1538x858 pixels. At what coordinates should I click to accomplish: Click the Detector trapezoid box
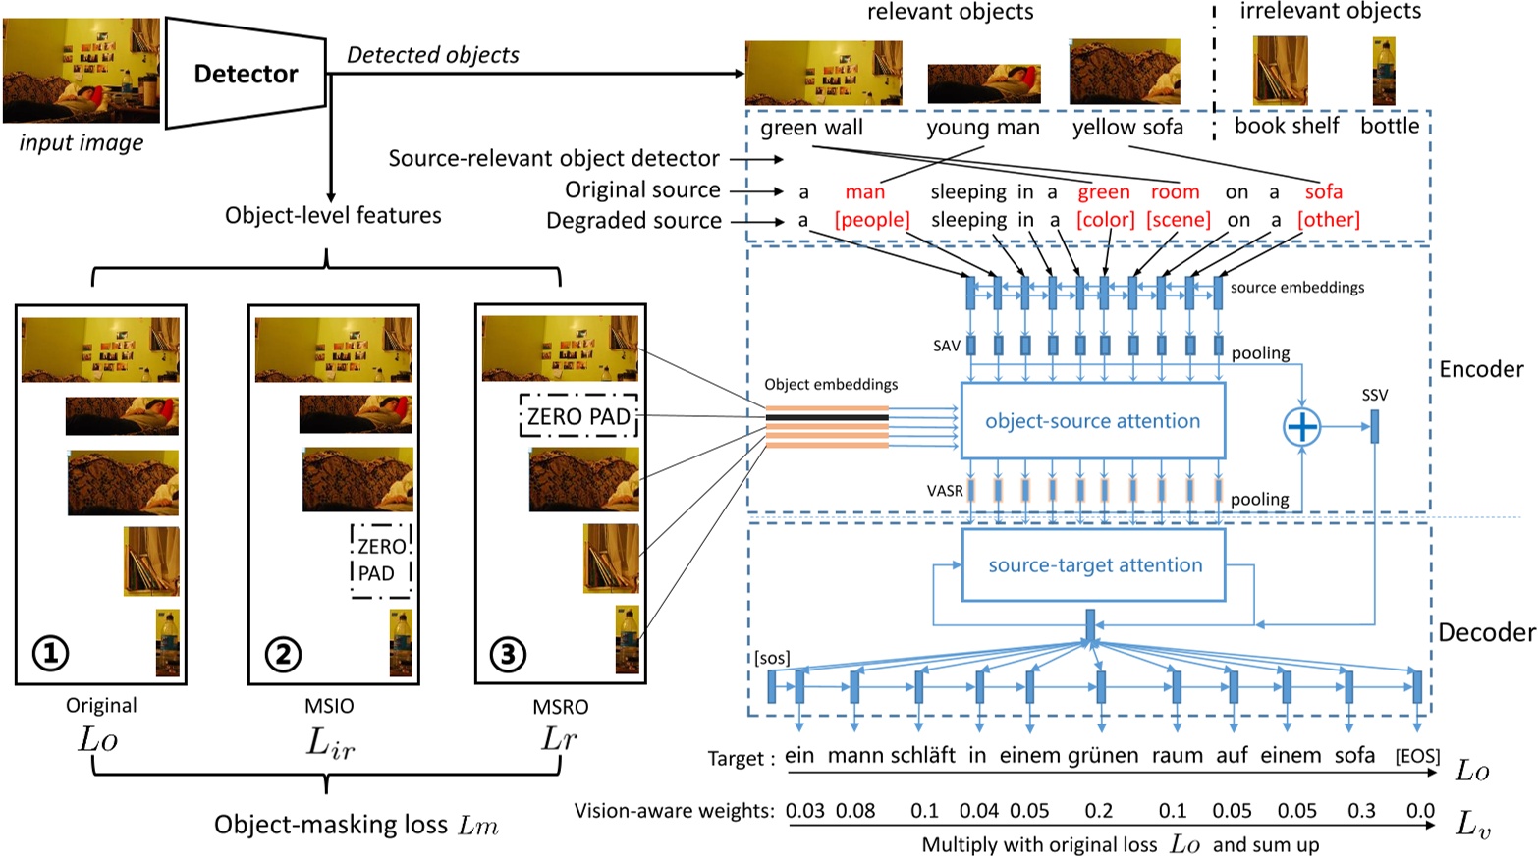pyautogui.click(x=246, y=74)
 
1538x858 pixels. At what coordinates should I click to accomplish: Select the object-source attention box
pyautogui.click(x=1092, y=421)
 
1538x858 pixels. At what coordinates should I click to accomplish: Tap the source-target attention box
pyautogui.click(x=1094, y=565)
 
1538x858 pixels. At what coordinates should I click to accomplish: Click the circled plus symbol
pyautogui.click(x=1301, y=427)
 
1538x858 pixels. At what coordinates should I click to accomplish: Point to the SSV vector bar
pyautogui.click(x=1374, y=426)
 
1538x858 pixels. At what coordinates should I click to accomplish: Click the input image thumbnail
pyautogui.click(x=81, y=70)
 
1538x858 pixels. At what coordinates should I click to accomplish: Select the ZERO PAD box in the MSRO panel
pyautogui.click(x=578, y=417)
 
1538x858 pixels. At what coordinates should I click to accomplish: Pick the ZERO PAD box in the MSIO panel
pyautogui.click(x=381, y=560)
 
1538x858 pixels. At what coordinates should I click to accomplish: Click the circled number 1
pyautogui.click(x=51, y=652)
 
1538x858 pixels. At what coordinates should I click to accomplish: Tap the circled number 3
pyautogui.click(x=508, y=654)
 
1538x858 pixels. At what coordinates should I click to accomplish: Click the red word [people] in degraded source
pyautogui.click(x=871, y=220)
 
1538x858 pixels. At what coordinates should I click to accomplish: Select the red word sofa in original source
pyautogui.click(x=1323, y=192)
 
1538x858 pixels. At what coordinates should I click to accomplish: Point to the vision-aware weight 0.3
pyautogui.click(x=1361, y=811)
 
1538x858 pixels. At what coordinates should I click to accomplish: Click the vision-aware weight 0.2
pyautogui.click(x=1098, y=811)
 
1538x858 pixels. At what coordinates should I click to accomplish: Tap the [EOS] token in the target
pyautogui.click(x=1417, y=756)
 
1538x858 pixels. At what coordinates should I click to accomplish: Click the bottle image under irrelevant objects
pyautogui.click(x=1384, y=71)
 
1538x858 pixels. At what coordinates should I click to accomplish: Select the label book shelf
pyautogui.click(x=1286, y=126)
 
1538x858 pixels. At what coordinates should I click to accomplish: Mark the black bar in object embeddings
pyautogui.click(x=827, y=418)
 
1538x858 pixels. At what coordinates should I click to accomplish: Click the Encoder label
pyautogui.click(x=1481, y=369)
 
